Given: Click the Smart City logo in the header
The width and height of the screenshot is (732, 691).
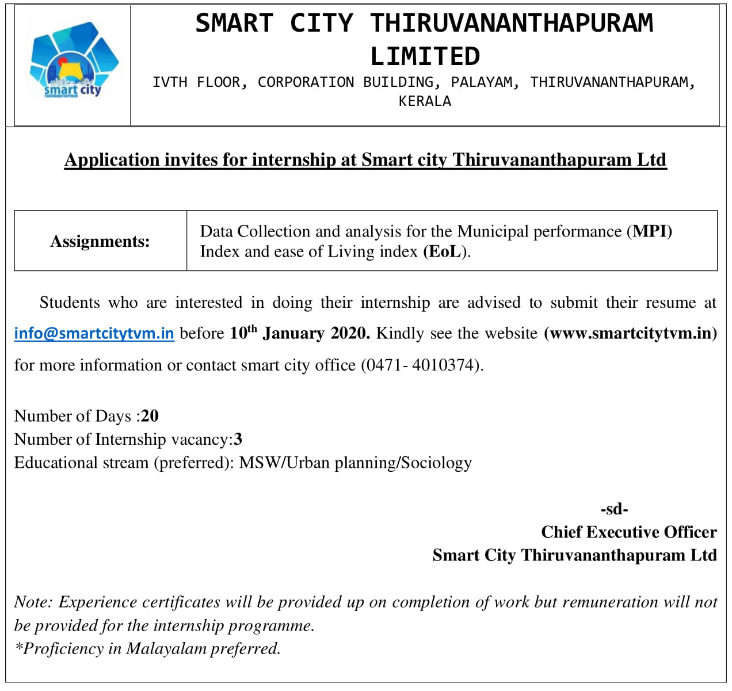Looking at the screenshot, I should click(73, 62).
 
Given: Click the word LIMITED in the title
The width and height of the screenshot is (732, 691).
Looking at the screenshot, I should click(425, 56).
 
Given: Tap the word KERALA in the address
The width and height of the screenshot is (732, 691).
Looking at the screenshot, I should click(425, 101).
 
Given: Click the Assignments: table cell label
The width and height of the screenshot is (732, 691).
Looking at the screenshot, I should click(100, 241).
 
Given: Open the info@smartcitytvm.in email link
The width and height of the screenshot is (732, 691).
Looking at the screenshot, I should click(94, 333).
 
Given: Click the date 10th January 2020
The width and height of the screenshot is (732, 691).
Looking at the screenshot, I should click(300, 333).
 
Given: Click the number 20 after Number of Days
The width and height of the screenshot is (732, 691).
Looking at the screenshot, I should click(150, 416).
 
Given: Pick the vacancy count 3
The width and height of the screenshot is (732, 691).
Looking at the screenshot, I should click(238, 440).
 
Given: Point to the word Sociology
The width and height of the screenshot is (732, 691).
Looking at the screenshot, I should click(436, 463).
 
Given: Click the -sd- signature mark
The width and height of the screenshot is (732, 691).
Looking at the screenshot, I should click(614, 509).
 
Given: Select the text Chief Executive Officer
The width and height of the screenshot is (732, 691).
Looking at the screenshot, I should click(628, 532).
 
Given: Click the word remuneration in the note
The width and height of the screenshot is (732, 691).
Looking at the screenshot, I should click(610, 602).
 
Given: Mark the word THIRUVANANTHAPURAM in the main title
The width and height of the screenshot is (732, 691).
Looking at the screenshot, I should click(512, 23).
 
